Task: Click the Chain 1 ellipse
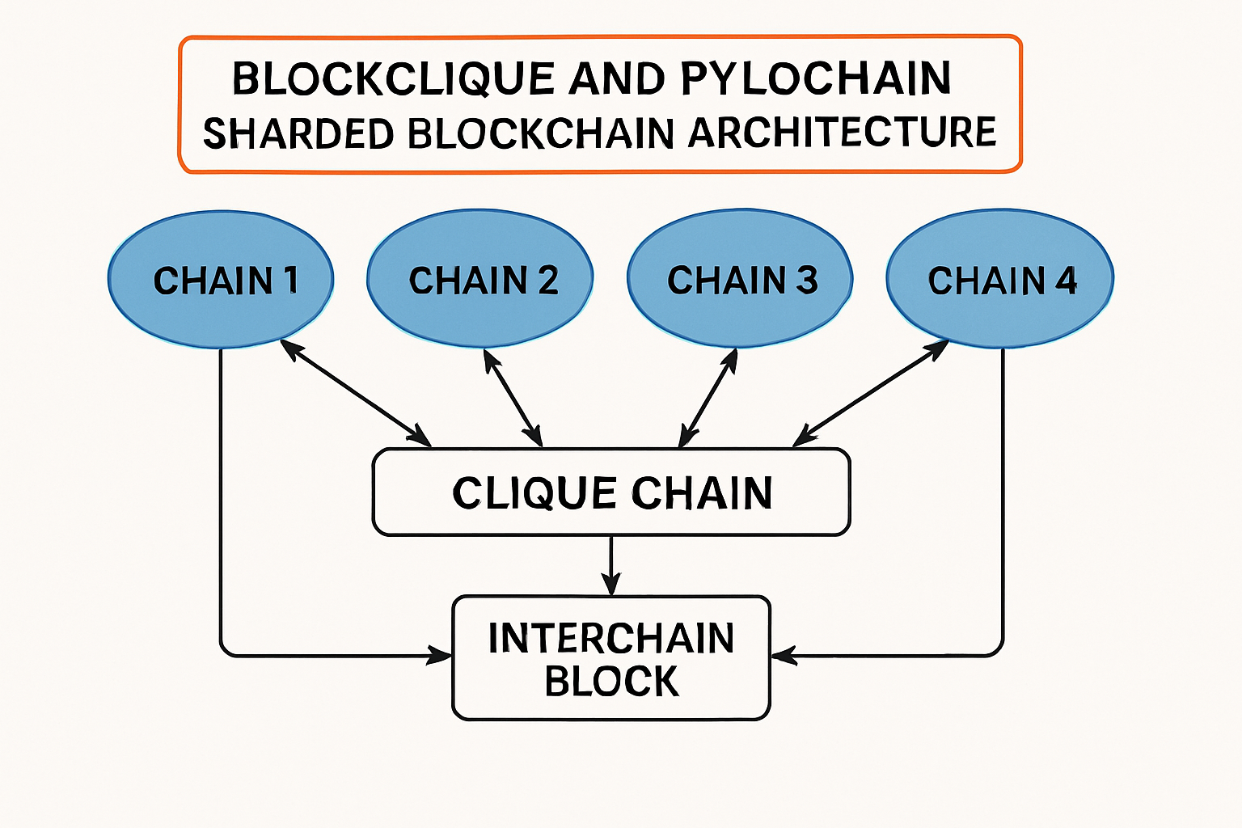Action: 221,280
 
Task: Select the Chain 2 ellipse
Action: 480,280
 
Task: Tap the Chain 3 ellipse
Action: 740,280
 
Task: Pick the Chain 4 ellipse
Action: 1000,280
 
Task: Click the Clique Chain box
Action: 611,492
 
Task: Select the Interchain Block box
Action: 611,658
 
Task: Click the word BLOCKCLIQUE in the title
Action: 392,78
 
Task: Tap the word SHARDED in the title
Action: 298,133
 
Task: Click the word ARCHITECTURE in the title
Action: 842,133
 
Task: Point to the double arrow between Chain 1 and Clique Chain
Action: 356,393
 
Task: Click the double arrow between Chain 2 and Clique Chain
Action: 513,397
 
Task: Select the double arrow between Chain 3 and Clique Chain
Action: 709,397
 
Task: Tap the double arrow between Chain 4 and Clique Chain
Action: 871,392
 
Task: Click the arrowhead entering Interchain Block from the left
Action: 441,655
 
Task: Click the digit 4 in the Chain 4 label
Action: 1066,281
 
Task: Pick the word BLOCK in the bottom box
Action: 611,681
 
